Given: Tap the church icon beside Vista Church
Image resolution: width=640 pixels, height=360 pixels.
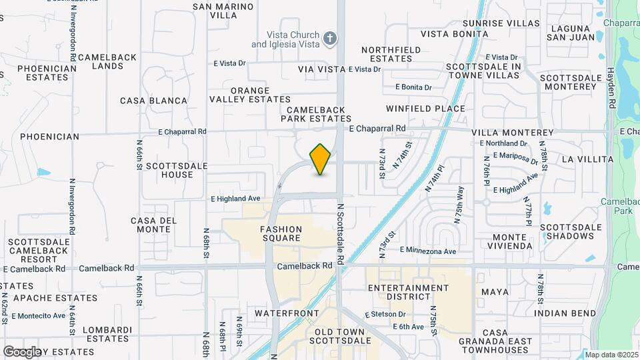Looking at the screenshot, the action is click(x=329, y=39).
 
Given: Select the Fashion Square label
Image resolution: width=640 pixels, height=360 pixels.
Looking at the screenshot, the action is click(x=281, y=234).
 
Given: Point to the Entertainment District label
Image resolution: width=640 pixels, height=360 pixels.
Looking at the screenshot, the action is click(x=409, y=292).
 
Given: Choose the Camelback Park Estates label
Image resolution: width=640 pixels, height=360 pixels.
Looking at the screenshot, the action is click(x=316, y=114).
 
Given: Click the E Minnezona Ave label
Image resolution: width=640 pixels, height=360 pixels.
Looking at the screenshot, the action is click(x=427, y=251).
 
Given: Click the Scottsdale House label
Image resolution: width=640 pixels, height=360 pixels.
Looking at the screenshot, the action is click(x=168, y=170).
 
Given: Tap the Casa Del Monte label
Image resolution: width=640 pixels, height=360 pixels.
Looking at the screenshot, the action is click(x=151, y=225).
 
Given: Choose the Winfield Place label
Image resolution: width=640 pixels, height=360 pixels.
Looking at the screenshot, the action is click(x=425, y=108).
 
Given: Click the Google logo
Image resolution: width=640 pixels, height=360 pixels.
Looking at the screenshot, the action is click(x=22, y=351).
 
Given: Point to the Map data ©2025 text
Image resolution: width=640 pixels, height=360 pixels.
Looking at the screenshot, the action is click(x=610, y=355).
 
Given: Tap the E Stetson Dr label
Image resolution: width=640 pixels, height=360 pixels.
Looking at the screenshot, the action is click(x=385, y=314).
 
